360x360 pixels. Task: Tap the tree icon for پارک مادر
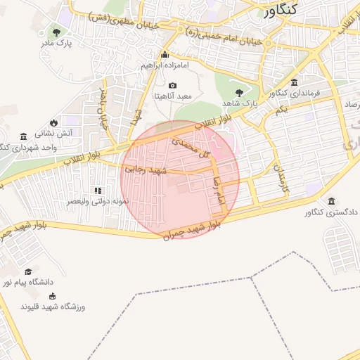click(56, 32)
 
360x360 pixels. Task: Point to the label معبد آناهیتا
click(173, 95)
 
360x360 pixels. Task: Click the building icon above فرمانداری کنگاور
click(294, 82)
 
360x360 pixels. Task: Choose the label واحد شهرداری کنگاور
click(28, 148)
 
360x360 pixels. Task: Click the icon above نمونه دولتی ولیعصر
click(98, 191)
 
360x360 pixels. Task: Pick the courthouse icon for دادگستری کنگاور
click(331, 201)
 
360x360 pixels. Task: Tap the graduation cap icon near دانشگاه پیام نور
click(28, 272)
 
